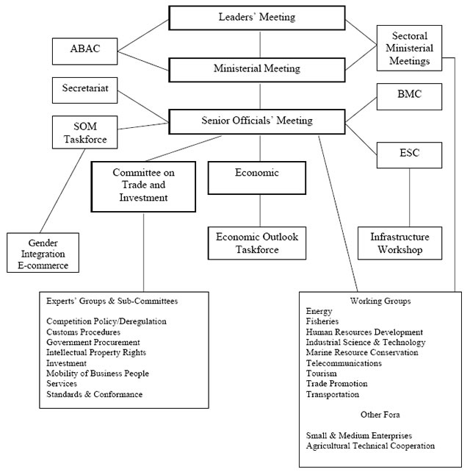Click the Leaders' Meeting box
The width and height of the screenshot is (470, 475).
[256, 17]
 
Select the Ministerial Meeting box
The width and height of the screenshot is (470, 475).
[256, 69]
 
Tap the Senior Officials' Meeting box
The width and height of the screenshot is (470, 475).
[256, 121]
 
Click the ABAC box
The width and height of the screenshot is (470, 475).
[84, 51]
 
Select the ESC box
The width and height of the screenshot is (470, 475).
[410, 155]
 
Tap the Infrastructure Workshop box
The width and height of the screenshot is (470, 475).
[399, 243]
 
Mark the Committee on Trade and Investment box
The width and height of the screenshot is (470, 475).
[143, 185]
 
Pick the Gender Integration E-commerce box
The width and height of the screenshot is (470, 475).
[43, 253]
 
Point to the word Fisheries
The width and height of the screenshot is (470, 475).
[324, 321]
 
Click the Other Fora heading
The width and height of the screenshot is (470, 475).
[380, 415]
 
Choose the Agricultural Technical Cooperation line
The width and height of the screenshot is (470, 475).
[370, 446]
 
